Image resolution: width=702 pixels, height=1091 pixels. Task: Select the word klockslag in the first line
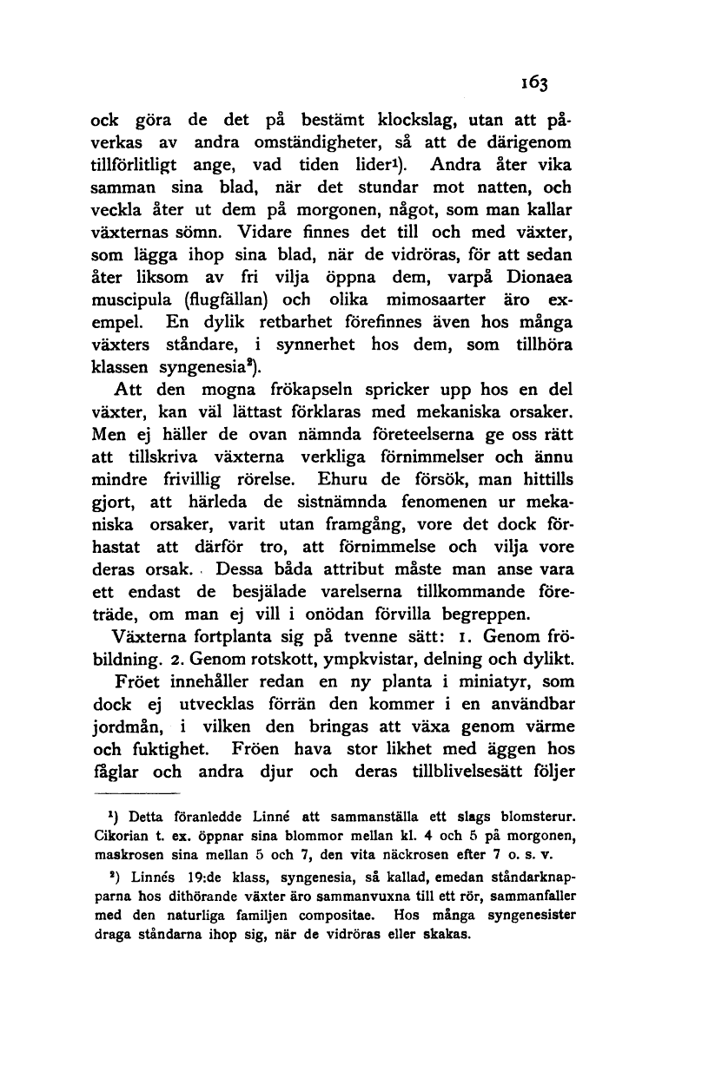pos(414,120)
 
